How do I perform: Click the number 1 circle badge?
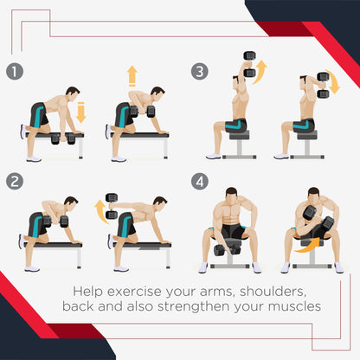click(15, 72)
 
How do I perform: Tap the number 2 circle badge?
click(15, 182)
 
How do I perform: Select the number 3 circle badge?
click(200, 72)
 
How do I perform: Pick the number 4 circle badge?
click(200, 182)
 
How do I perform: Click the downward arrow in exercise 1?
click(81, 112)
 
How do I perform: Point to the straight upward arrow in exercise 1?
click(132, 75)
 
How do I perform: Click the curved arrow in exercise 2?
click(100, 210)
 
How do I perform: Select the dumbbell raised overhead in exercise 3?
click(250, 64)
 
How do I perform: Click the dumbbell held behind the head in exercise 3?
click(323, 85)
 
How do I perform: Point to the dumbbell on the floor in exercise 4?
click(227, 249)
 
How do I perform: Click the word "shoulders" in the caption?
click(273, 292)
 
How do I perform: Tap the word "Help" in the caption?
click(87, 292)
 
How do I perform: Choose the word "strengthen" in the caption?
click(194, 306)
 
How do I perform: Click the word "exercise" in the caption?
click(134, 292)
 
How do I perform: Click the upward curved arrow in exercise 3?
click(260, 72)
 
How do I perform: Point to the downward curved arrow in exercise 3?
click(332, 82)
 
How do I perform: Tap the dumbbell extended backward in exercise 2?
click(112, 206)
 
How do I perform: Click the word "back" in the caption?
click(78, 306)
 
